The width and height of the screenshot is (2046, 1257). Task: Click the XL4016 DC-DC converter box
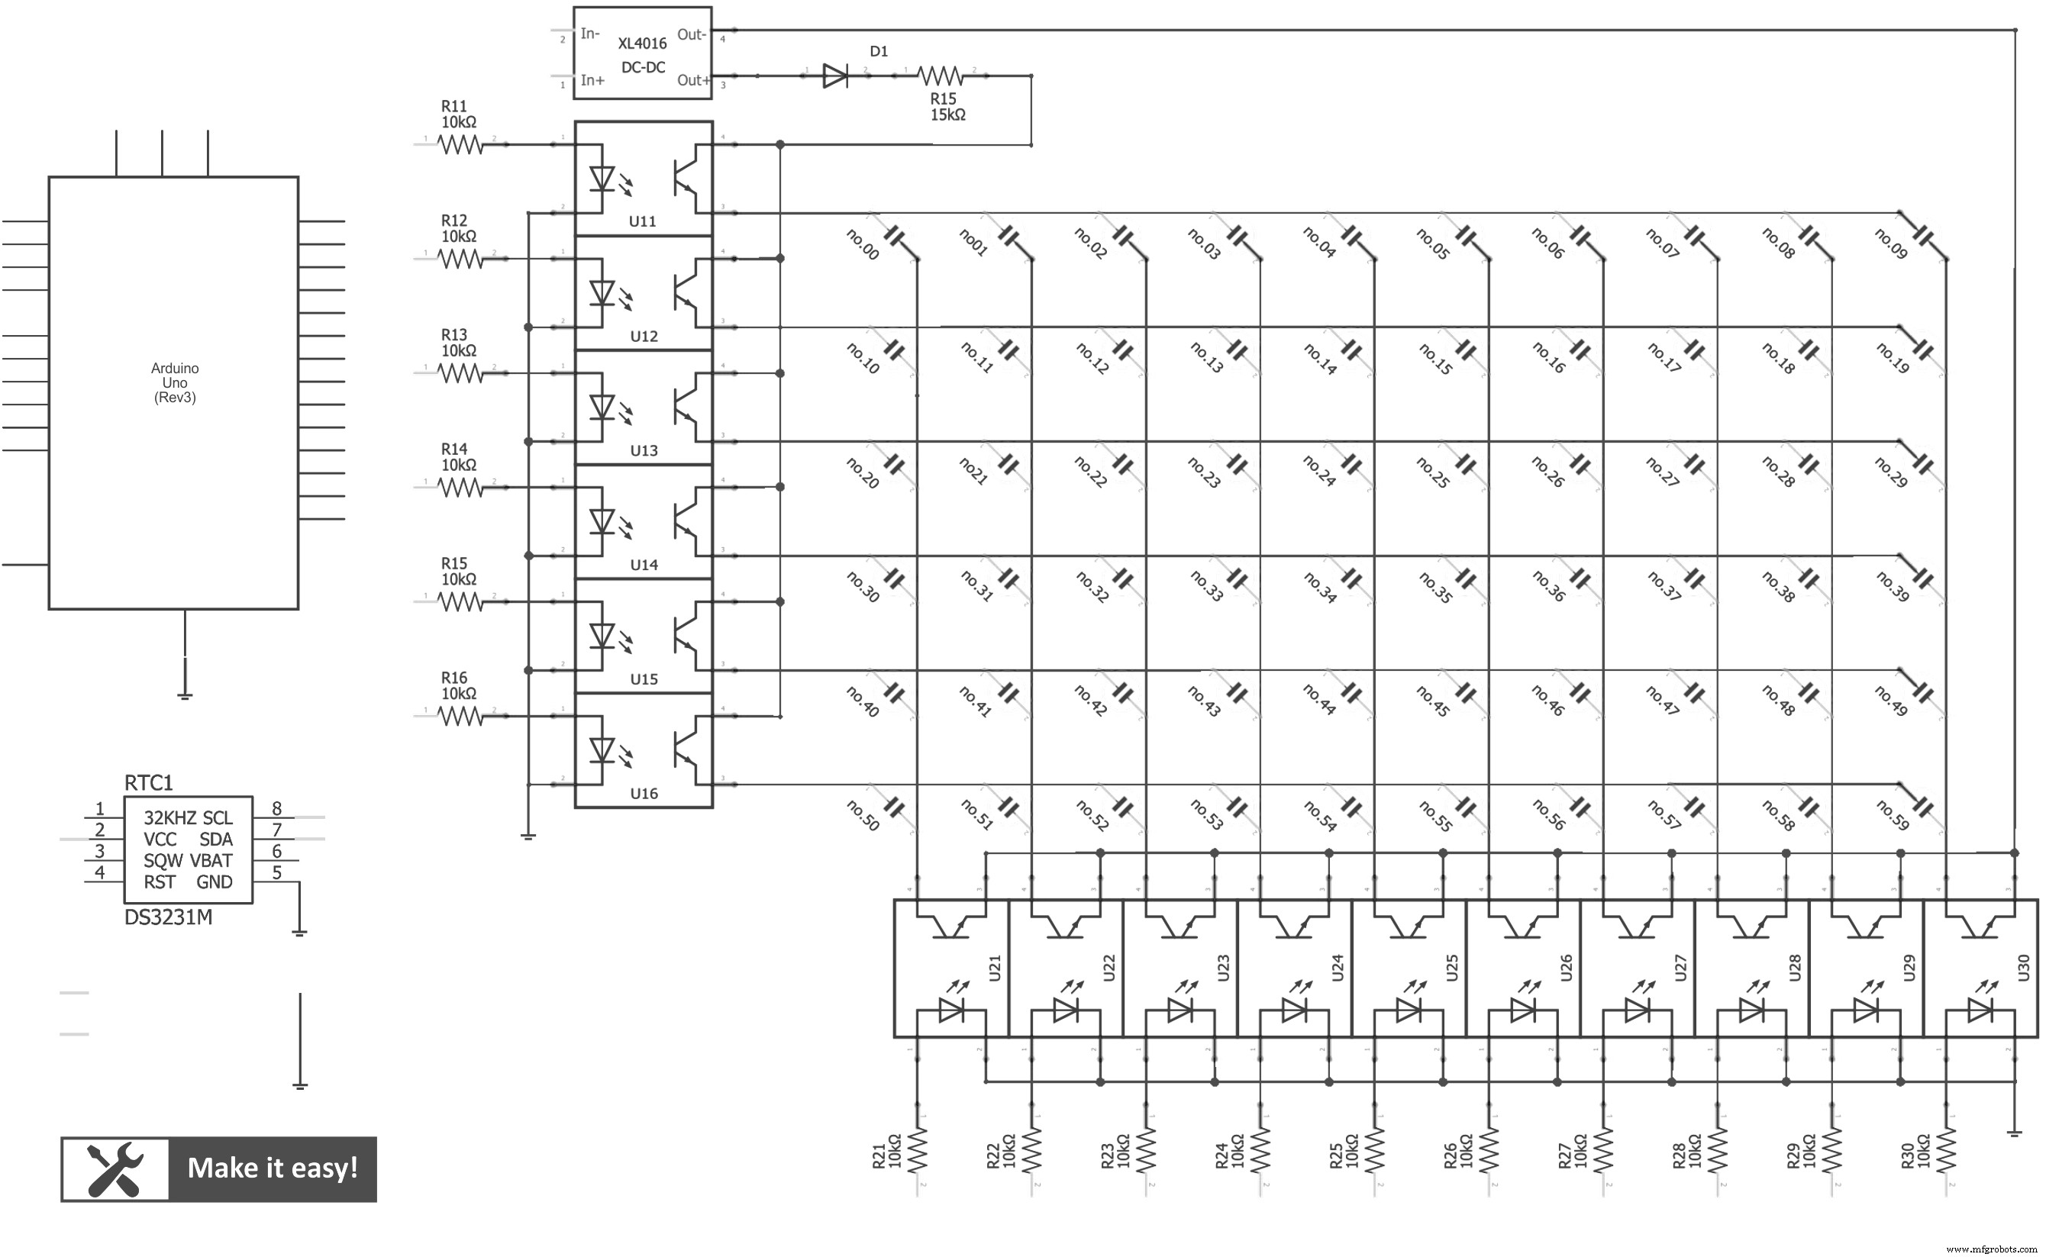pos(642,53)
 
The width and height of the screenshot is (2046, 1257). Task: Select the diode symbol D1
pos(834,76)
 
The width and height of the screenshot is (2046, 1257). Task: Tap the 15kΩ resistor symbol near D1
pos(941,76)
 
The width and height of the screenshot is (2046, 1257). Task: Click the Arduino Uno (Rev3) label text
pos(175,382)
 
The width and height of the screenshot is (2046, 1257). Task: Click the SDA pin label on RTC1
pos(215,840)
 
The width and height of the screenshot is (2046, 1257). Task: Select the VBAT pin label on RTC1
pos(211,860)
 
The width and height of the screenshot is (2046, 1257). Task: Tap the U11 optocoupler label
pos(643,222)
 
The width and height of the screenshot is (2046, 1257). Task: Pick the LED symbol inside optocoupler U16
pos(602,751)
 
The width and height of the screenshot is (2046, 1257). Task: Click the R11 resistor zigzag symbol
pos(460,146)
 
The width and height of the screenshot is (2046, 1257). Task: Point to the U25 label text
pos(1452,968)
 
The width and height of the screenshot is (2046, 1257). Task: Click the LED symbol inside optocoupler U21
pos(950,1010)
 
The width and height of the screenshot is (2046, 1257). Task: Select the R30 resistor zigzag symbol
pos(1945,1152)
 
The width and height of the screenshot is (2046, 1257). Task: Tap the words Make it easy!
pos(273,1168)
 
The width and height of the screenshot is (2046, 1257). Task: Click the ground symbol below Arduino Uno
pos(185,695)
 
